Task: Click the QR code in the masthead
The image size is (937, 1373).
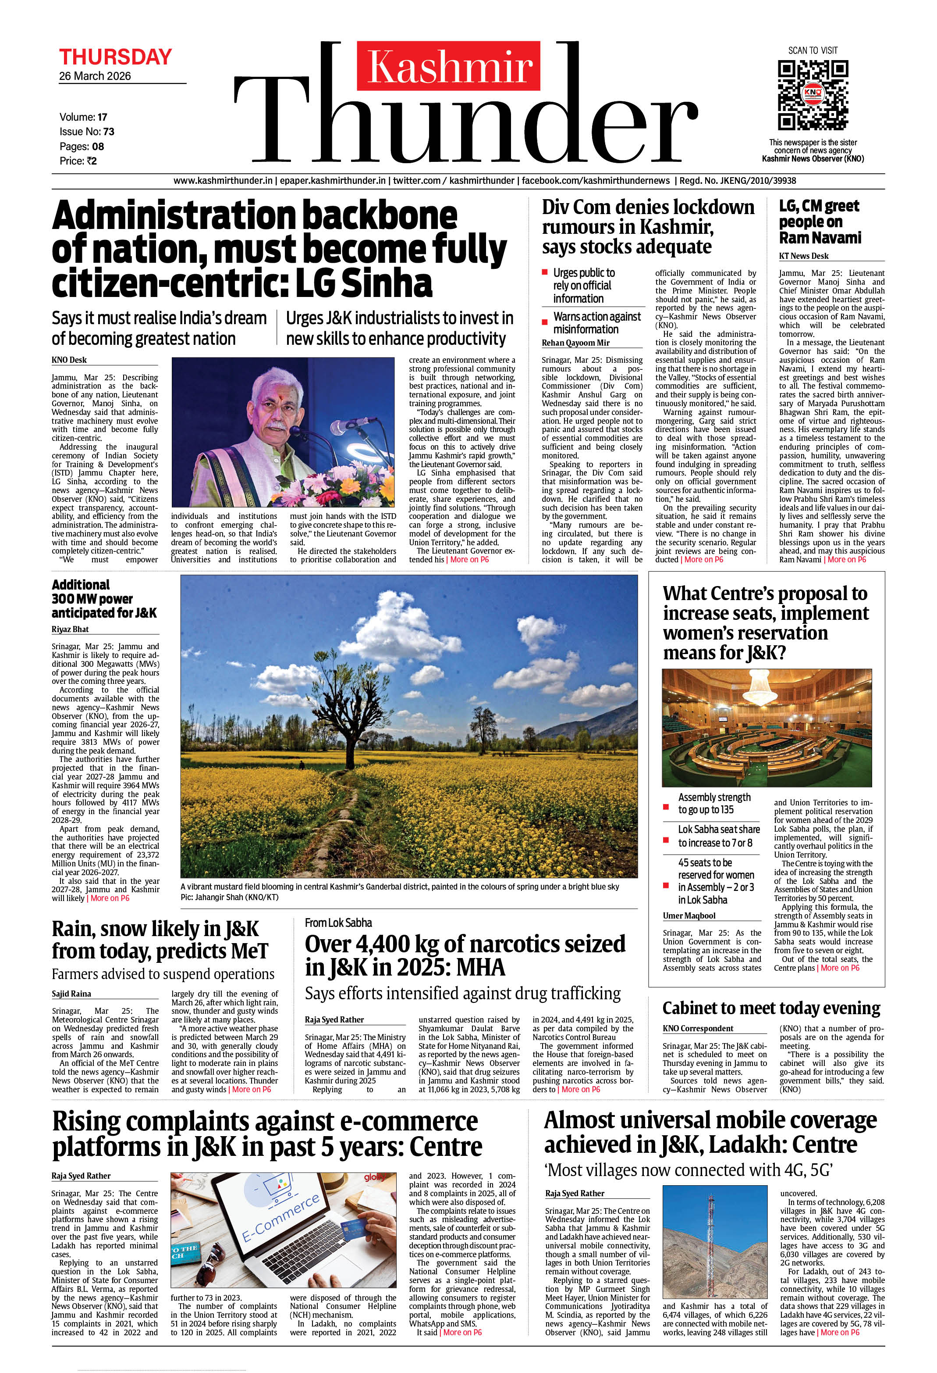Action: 813,94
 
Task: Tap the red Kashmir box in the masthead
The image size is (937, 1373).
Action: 448,65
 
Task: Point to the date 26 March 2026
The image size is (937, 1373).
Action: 95,76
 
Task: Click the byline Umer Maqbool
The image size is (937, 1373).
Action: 689,916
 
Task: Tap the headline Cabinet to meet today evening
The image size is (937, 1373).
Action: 771,1008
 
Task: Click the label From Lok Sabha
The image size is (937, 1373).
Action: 338,923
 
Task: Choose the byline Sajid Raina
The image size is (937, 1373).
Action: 71,994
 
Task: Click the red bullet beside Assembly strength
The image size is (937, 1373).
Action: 666,807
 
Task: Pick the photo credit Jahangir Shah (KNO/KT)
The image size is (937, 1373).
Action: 229,897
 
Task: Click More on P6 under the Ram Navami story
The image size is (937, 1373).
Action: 847,559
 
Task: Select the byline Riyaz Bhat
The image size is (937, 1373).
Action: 70,629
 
